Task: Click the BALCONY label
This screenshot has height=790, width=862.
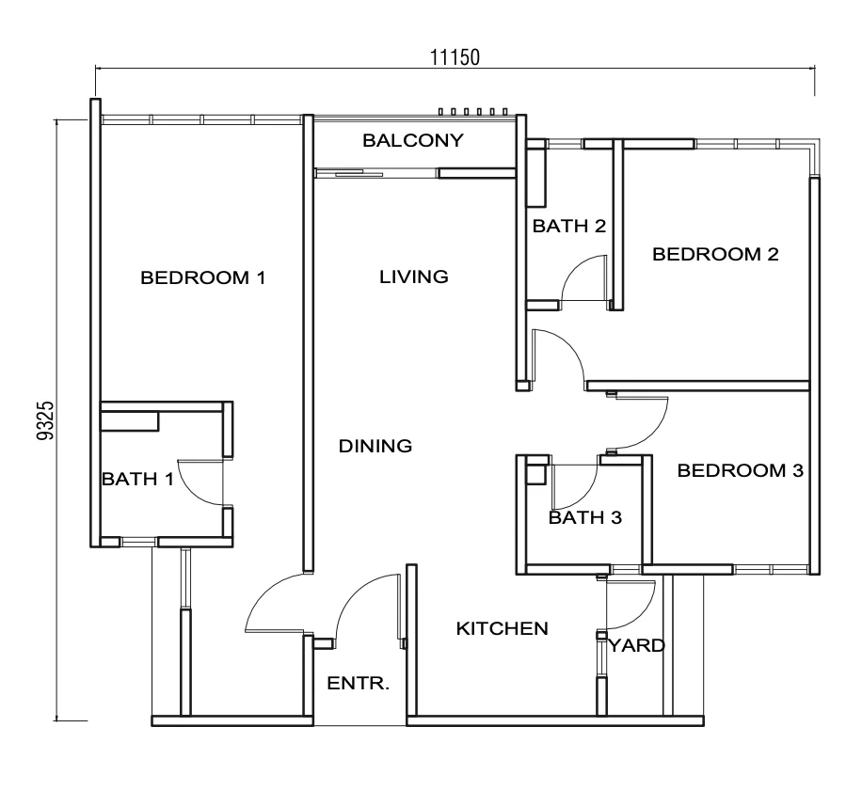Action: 413,141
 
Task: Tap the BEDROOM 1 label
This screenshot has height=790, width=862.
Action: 203,277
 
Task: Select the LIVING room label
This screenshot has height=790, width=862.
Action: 413,276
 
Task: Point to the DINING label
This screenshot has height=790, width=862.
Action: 375,446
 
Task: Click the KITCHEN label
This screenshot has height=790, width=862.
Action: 502,628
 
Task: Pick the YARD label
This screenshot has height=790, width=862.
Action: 636,645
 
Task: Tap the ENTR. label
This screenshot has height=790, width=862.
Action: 358,684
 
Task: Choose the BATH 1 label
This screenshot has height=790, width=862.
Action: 137,479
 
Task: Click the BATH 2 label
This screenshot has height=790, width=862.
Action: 569,226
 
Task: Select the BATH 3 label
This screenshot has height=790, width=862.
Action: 585,517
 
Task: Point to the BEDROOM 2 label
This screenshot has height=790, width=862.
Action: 715,254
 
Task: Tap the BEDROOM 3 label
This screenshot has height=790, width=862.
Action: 740,470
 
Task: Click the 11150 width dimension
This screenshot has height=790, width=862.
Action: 455,57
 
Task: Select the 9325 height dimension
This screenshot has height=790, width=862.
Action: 45,420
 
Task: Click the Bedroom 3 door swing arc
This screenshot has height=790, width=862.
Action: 654,434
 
